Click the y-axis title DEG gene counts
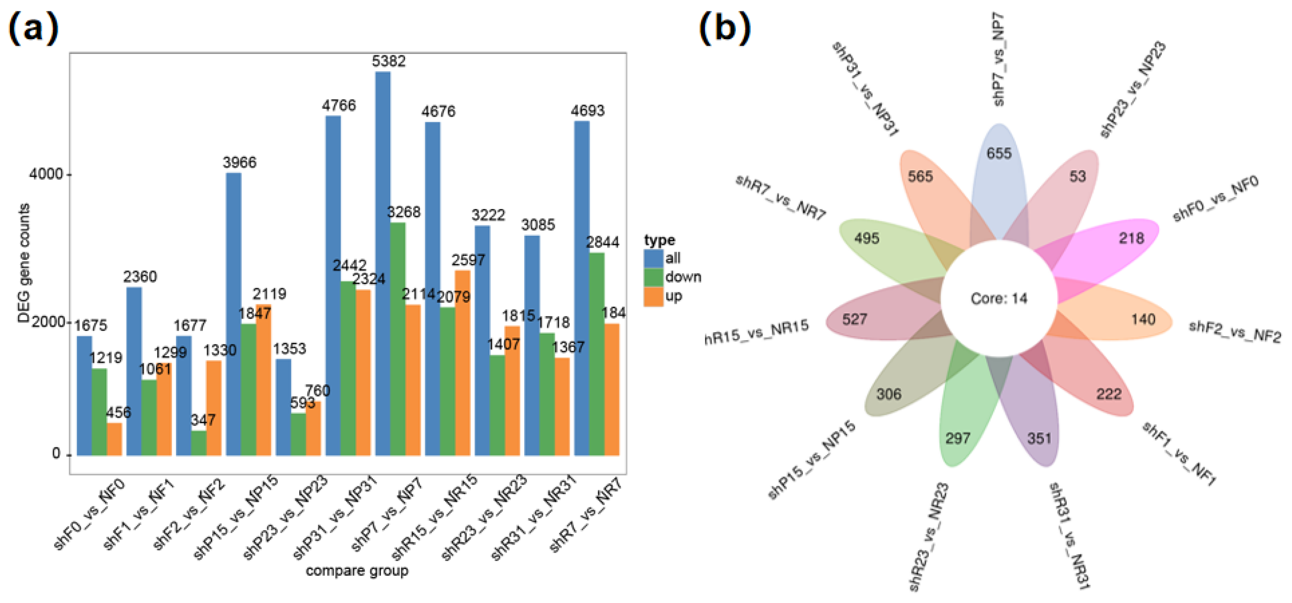[x=23, y=263]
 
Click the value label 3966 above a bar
[x=239, y=163]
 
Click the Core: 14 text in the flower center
[x=998, y=299]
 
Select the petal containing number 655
[x=998, y=170]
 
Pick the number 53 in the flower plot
[x=1077, y=176]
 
